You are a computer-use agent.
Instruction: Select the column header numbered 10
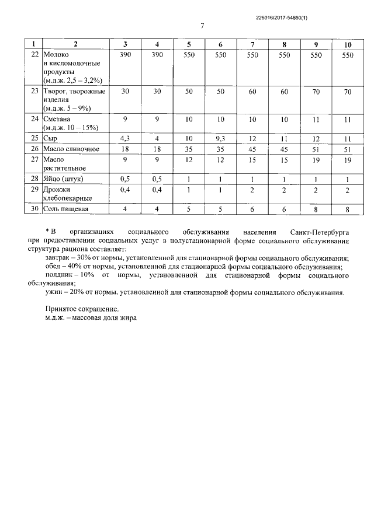pos(348,44)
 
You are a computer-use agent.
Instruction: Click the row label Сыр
pos(50,138)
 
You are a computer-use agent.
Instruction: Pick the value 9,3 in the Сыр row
pos(220,138)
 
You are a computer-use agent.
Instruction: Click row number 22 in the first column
pos(34,54)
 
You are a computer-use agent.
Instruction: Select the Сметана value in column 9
pos(316,119)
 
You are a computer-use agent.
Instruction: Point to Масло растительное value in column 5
pos(189,159)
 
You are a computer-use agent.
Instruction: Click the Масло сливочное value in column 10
pos(348,149)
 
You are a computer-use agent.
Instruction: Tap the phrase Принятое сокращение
pos(81,309)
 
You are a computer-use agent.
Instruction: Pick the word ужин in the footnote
pos(54,292)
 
